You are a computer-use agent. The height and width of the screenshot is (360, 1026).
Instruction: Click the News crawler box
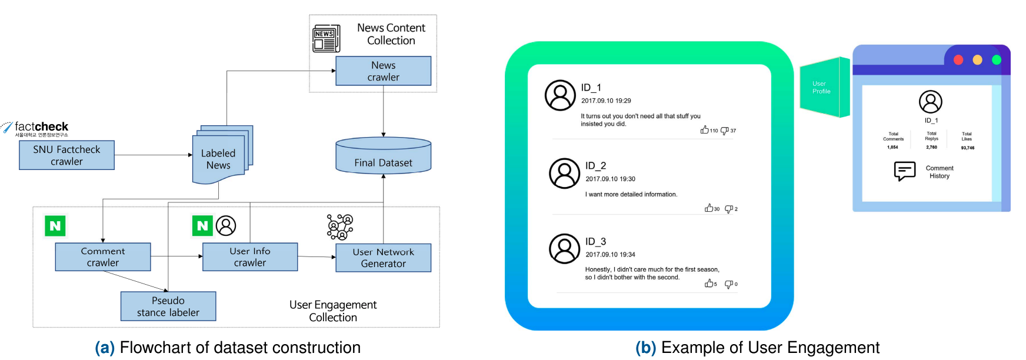[x=383, y=71]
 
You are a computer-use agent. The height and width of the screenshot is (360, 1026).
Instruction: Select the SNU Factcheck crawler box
[x=66, y=155]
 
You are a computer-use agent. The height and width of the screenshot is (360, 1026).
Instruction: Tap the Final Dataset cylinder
[x=383, y=156]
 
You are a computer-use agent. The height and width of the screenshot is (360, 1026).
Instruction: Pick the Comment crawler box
[x=103, y=257]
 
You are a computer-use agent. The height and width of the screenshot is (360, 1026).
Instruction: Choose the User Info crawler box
[x=250, y=257]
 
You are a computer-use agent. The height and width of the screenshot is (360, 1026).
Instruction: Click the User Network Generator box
[x=383, y=258]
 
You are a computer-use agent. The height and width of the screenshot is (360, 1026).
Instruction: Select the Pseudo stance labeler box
[x=168, y=306]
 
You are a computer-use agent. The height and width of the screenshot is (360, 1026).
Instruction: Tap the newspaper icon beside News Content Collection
[x=326, y=39]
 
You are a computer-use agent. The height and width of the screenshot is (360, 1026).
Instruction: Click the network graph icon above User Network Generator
[x=340, y=227]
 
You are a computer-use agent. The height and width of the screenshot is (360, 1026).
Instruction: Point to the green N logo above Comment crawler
[x=55, y=226]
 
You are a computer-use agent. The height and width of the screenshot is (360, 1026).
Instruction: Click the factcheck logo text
[x=41, y=126]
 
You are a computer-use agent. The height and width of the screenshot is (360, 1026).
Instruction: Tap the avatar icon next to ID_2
[x=564, y=173]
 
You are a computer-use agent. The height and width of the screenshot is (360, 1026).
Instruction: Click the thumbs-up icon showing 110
[x=704, y=129]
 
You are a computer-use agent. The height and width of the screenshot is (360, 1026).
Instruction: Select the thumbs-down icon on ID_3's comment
[x=729, y=284]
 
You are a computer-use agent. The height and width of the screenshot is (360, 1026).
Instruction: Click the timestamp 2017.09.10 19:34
[x=610, y=255]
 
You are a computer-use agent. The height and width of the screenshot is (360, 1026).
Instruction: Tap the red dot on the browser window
[x=958, y=59]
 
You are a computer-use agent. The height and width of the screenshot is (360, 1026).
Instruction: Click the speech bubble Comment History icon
[x=904, y=171]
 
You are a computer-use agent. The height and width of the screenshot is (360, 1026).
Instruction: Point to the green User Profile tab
[x=824, y=87]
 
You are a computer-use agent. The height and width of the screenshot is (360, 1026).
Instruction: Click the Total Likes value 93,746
[x=967, y=148]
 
